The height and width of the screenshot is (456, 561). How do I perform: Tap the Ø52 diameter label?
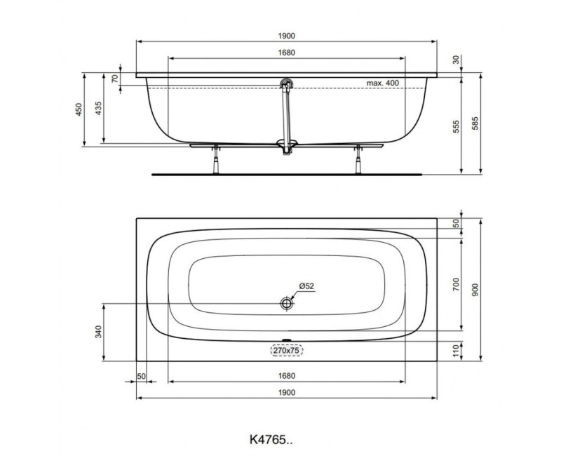tap(305, 286)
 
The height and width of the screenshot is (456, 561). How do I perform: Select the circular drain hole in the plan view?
tap(286, 303)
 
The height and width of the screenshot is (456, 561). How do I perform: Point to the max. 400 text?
tap(382, 83)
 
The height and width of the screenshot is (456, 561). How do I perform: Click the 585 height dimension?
tap(476, 125)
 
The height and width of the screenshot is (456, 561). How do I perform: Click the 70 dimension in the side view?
tap(115, 79)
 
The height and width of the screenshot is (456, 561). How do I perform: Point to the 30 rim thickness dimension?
tap(456, 61)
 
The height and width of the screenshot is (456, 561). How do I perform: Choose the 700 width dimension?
tap(456, 284)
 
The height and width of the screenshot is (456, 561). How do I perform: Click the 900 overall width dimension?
tap(476, 290)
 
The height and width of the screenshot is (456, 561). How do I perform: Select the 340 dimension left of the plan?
tap(99, 333)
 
